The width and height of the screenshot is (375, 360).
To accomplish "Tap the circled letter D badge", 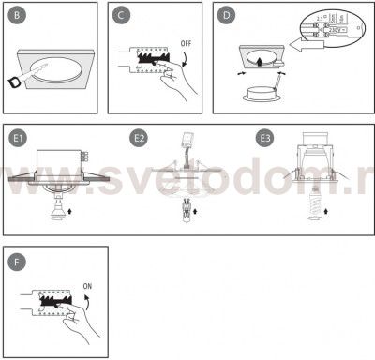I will click(225, 17).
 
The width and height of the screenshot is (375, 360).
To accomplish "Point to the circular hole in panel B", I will click(59, 73).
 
